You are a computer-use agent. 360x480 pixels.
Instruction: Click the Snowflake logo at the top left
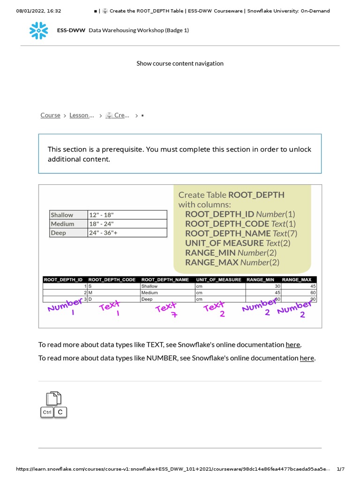(x=38, y=30)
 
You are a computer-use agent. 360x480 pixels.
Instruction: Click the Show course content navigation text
(x=180, y=63)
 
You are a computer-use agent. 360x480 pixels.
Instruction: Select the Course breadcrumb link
(x=50, y=115)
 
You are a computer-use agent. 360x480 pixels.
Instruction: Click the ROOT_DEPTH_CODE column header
(x=112, y=279)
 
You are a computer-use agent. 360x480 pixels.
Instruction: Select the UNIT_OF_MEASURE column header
(x=219, y=279)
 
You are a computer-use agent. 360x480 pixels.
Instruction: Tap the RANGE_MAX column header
(x=297, y=279)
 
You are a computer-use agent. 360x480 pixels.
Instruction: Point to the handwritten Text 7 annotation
(x=167, y=310)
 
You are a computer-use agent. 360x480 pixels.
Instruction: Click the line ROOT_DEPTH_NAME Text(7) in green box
(x=241, y=233)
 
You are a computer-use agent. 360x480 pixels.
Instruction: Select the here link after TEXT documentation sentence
(x=293, y=345)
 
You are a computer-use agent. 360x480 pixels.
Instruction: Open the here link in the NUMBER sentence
(x=307, y=358)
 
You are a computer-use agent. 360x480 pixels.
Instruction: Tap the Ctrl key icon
(x=47, y=412)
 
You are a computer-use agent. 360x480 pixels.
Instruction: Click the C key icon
(x=60, y=412)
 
